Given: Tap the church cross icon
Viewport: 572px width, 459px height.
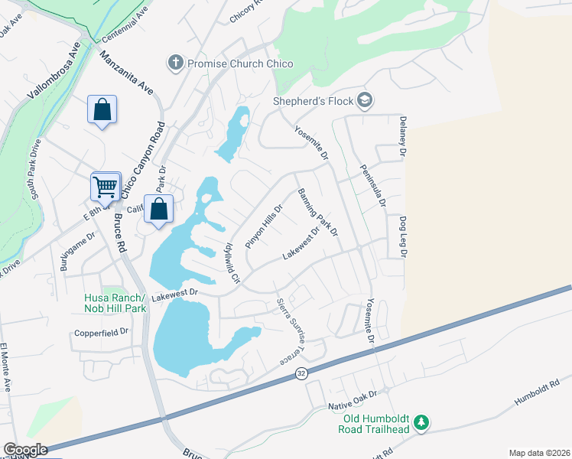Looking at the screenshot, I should (175, 63).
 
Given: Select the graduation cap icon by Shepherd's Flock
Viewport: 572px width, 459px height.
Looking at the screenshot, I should (366, 100).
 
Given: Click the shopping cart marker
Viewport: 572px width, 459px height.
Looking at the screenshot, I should (106, 186).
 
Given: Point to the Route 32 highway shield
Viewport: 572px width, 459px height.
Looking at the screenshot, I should (302, 373).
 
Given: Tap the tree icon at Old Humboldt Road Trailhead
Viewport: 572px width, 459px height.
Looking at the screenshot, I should (420, 422).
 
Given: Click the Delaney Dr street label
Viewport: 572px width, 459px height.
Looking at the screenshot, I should (401, 138).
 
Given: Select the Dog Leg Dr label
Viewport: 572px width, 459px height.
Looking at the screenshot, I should (401, 234).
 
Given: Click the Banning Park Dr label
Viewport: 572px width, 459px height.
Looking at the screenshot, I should (317, 213).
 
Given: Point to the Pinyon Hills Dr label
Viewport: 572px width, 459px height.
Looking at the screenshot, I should (265, 225).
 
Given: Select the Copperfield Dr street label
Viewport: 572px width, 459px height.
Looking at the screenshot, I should (102, 332).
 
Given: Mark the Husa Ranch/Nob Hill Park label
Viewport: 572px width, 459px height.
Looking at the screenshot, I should (115, 303).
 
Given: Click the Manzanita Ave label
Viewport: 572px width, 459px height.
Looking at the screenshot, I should (126, 74).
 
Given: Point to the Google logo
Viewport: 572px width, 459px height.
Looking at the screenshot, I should (26, 450).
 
